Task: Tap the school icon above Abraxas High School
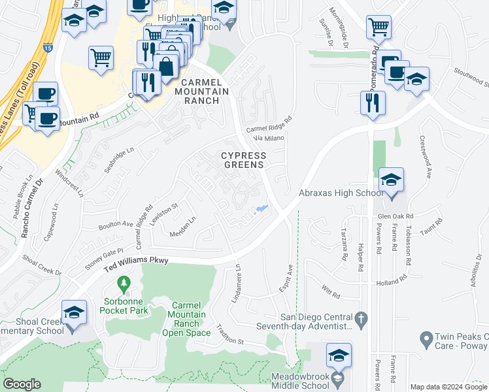pos(391,181)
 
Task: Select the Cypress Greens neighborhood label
pos(243,160)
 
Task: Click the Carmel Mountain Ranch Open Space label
pos(189,319)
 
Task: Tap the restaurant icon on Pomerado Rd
pos(373,103)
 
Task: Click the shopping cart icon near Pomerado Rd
pos(379,28)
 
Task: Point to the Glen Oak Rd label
pos(396,216)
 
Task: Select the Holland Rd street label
pos(392,283)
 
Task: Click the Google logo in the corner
pos(22,384)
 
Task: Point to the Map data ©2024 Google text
pos(448,387)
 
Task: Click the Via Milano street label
pos(266,138)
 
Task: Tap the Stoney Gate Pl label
pos(105,253)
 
